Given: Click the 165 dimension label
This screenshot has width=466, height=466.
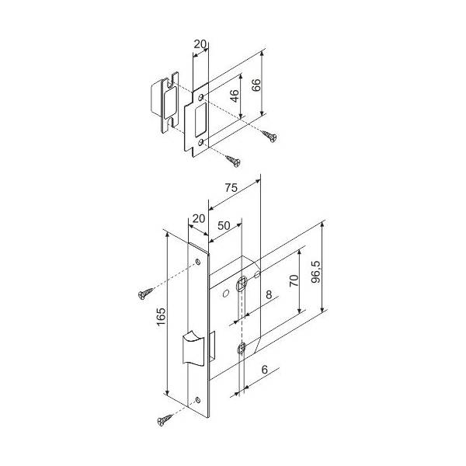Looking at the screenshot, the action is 161,317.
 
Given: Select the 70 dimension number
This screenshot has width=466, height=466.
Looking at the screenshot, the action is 294,280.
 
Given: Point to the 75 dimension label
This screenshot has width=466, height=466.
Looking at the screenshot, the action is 231,188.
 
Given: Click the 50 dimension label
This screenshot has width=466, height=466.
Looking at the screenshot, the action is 224,225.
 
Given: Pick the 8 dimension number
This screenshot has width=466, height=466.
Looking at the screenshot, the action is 269,294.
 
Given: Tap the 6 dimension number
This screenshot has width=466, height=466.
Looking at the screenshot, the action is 265,370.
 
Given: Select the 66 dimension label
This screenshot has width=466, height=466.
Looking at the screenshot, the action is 256,85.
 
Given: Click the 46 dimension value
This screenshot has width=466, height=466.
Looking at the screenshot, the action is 235,96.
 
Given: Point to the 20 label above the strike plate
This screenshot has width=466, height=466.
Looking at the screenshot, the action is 200,44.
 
